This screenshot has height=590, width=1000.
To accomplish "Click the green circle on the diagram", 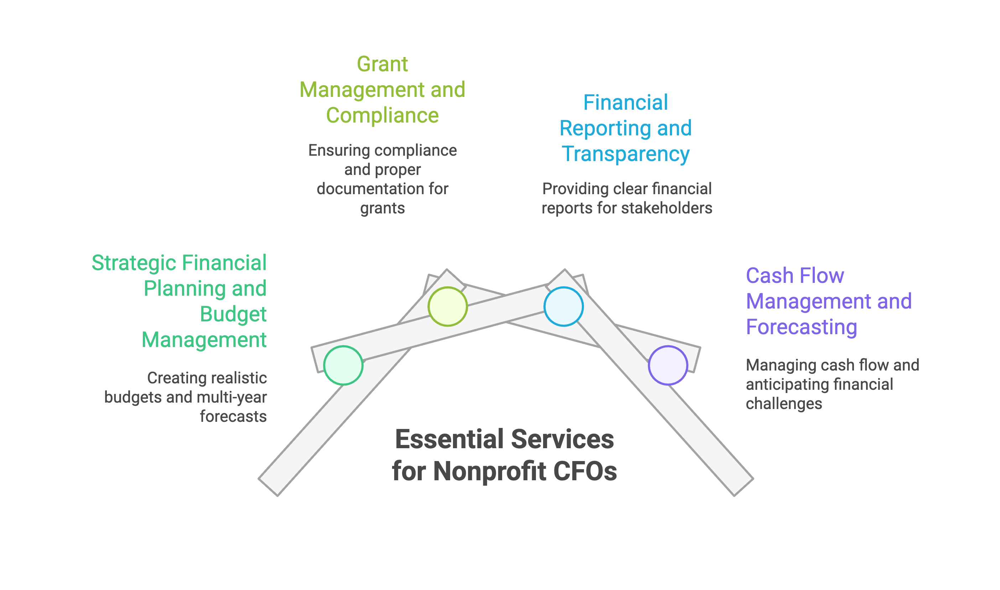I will tap(343, 365).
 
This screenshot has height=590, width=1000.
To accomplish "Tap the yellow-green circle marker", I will tap(447, 306).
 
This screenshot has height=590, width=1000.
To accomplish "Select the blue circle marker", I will tap(563, 306).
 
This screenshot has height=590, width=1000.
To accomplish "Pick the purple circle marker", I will tap(667, 365).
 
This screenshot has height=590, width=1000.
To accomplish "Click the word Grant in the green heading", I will tap(382, 64).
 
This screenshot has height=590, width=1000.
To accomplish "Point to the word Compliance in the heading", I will tap(382, 115).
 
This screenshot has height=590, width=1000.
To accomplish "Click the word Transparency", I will tap(625, 154).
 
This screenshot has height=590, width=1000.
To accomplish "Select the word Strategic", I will tap(134, 263).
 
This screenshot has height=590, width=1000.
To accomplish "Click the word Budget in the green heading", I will tap(233, 314).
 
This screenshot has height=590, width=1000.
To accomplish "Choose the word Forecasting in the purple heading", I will tap(801, 327).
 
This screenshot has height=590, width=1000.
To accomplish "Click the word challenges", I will tap(783, 404).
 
